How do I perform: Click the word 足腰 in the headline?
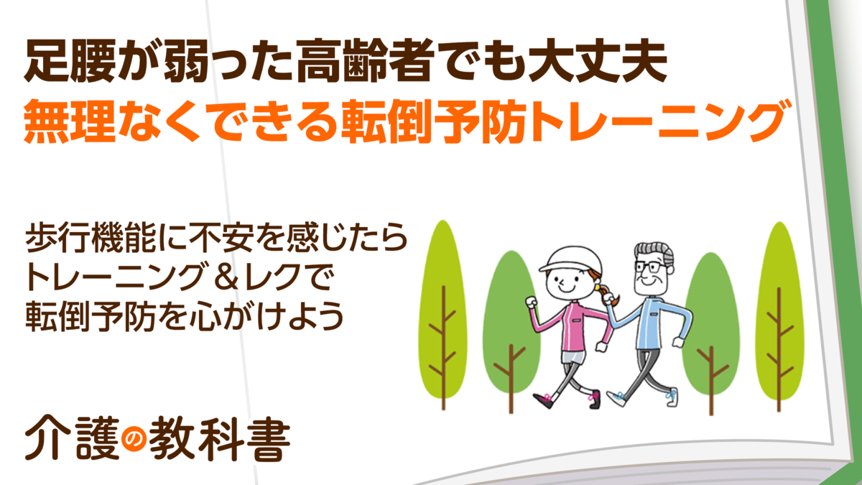[x=70, y=60]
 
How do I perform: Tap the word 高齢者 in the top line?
[x=364, y=60]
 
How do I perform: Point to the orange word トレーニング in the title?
[x=658, y=121]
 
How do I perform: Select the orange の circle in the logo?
[x=134, y=440]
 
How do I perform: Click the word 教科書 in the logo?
[x=220, y=439]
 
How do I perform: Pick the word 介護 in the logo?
[x=72, y=438]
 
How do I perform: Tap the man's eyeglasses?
[x=651, y=267]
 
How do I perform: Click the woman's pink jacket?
[x=573, y=327]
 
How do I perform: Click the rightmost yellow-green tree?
[x=779, y=315]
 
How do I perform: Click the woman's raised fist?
[x=532, y=302]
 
